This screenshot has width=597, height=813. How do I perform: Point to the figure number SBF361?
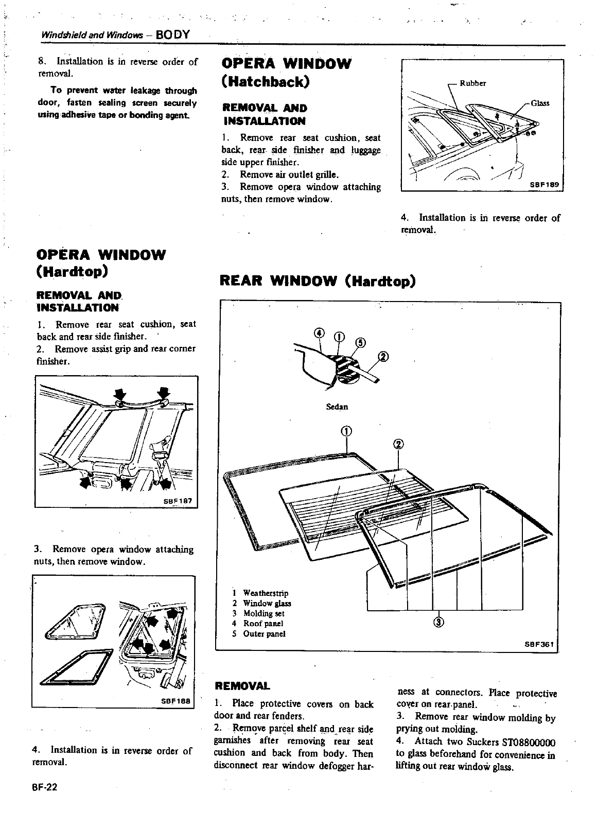point(540,644)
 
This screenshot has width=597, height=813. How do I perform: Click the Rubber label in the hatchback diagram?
point(472,83)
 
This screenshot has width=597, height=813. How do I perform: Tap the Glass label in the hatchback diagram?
point(540,103)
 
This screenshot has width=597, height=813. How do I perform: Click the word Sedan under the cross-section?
point(337,407)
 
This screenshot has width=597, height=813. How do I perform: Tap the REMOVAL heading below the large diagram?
point(241,686)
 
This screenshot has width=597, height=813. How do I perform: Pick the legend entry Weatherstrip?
point(265,593)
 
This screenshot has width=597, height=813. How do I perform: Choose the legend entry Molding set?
point(264,613)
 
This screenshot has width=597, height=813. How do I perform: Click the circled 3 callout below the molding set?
point(438,622)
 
